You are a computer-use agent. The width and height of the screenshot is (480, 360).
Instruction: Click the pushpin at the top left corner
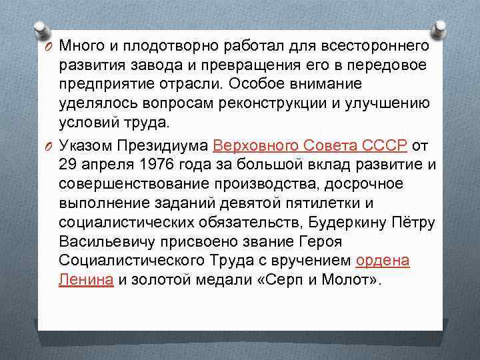pos(42,29)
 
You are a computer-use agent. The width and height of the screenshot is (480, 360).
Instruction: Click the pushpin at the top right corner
pos(441,29)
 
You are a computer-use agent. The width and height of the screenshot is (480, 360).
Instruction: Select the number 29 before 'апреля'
pos(69,164)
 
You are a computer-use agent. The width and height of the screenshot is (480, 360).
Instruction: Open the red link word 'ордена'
pos(383,261)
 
